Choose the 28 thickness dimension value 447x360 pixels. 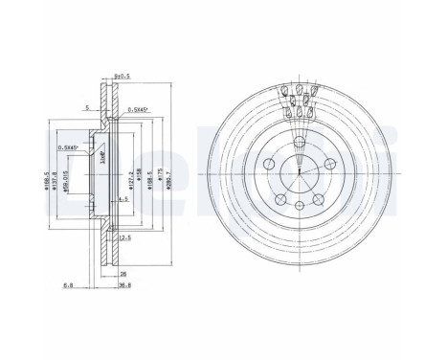point(124,272)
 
